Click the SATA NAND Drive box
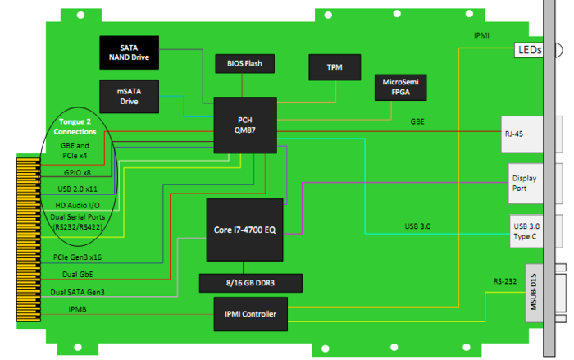point(129,52)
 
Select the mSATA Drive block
point(129,96)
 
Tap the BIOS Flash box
point(244,63)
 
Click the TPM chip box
point(333,67)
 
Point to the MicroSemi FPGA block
point(400,88)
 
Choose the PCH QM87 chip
point(244,125)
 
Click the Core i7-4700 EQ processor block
point(244,229)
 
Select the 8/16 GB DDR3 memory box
point(251,283)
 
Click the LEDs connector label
point(529,51)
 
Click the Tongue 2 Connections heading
point(75,127)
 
